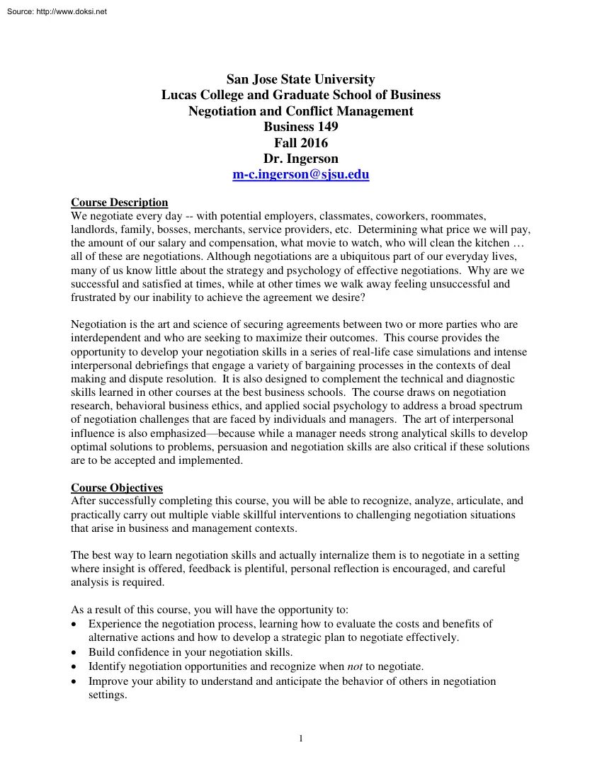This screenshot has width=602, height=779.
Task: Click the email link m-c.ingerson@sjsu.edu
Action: tap(301, 174)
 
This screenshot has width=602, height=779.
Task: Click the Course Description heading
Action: tap(120, 203)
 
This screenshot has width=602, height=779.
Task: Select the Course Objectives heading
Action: tap(117, 488)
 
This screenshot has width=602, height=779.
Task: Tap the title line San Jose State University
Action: tap(301, 79)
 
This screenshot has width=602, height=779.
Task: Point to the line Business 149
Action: tap(301, 127)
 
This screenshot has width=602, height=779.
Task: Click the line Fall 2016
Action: tap(301, 143)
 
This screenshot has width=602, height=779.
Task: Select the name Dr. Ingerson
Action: tap(301, 159)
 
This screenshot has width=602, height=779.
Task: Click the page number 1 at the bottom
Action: tap(301, 739)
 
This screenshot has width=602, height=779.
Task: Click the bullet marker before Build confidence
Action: tap(75, 652)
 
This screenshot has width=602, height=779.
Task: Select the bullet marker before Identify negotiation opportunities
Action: tap(75, 666)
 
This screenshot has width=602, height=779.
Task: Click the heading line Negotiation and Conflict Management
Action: tap(301, 111)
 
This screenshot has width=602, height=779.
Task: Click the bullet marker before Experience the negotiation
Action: tap(75, 624)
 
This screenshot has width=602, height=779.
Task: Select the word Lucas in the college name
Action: tap(181, 95)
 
